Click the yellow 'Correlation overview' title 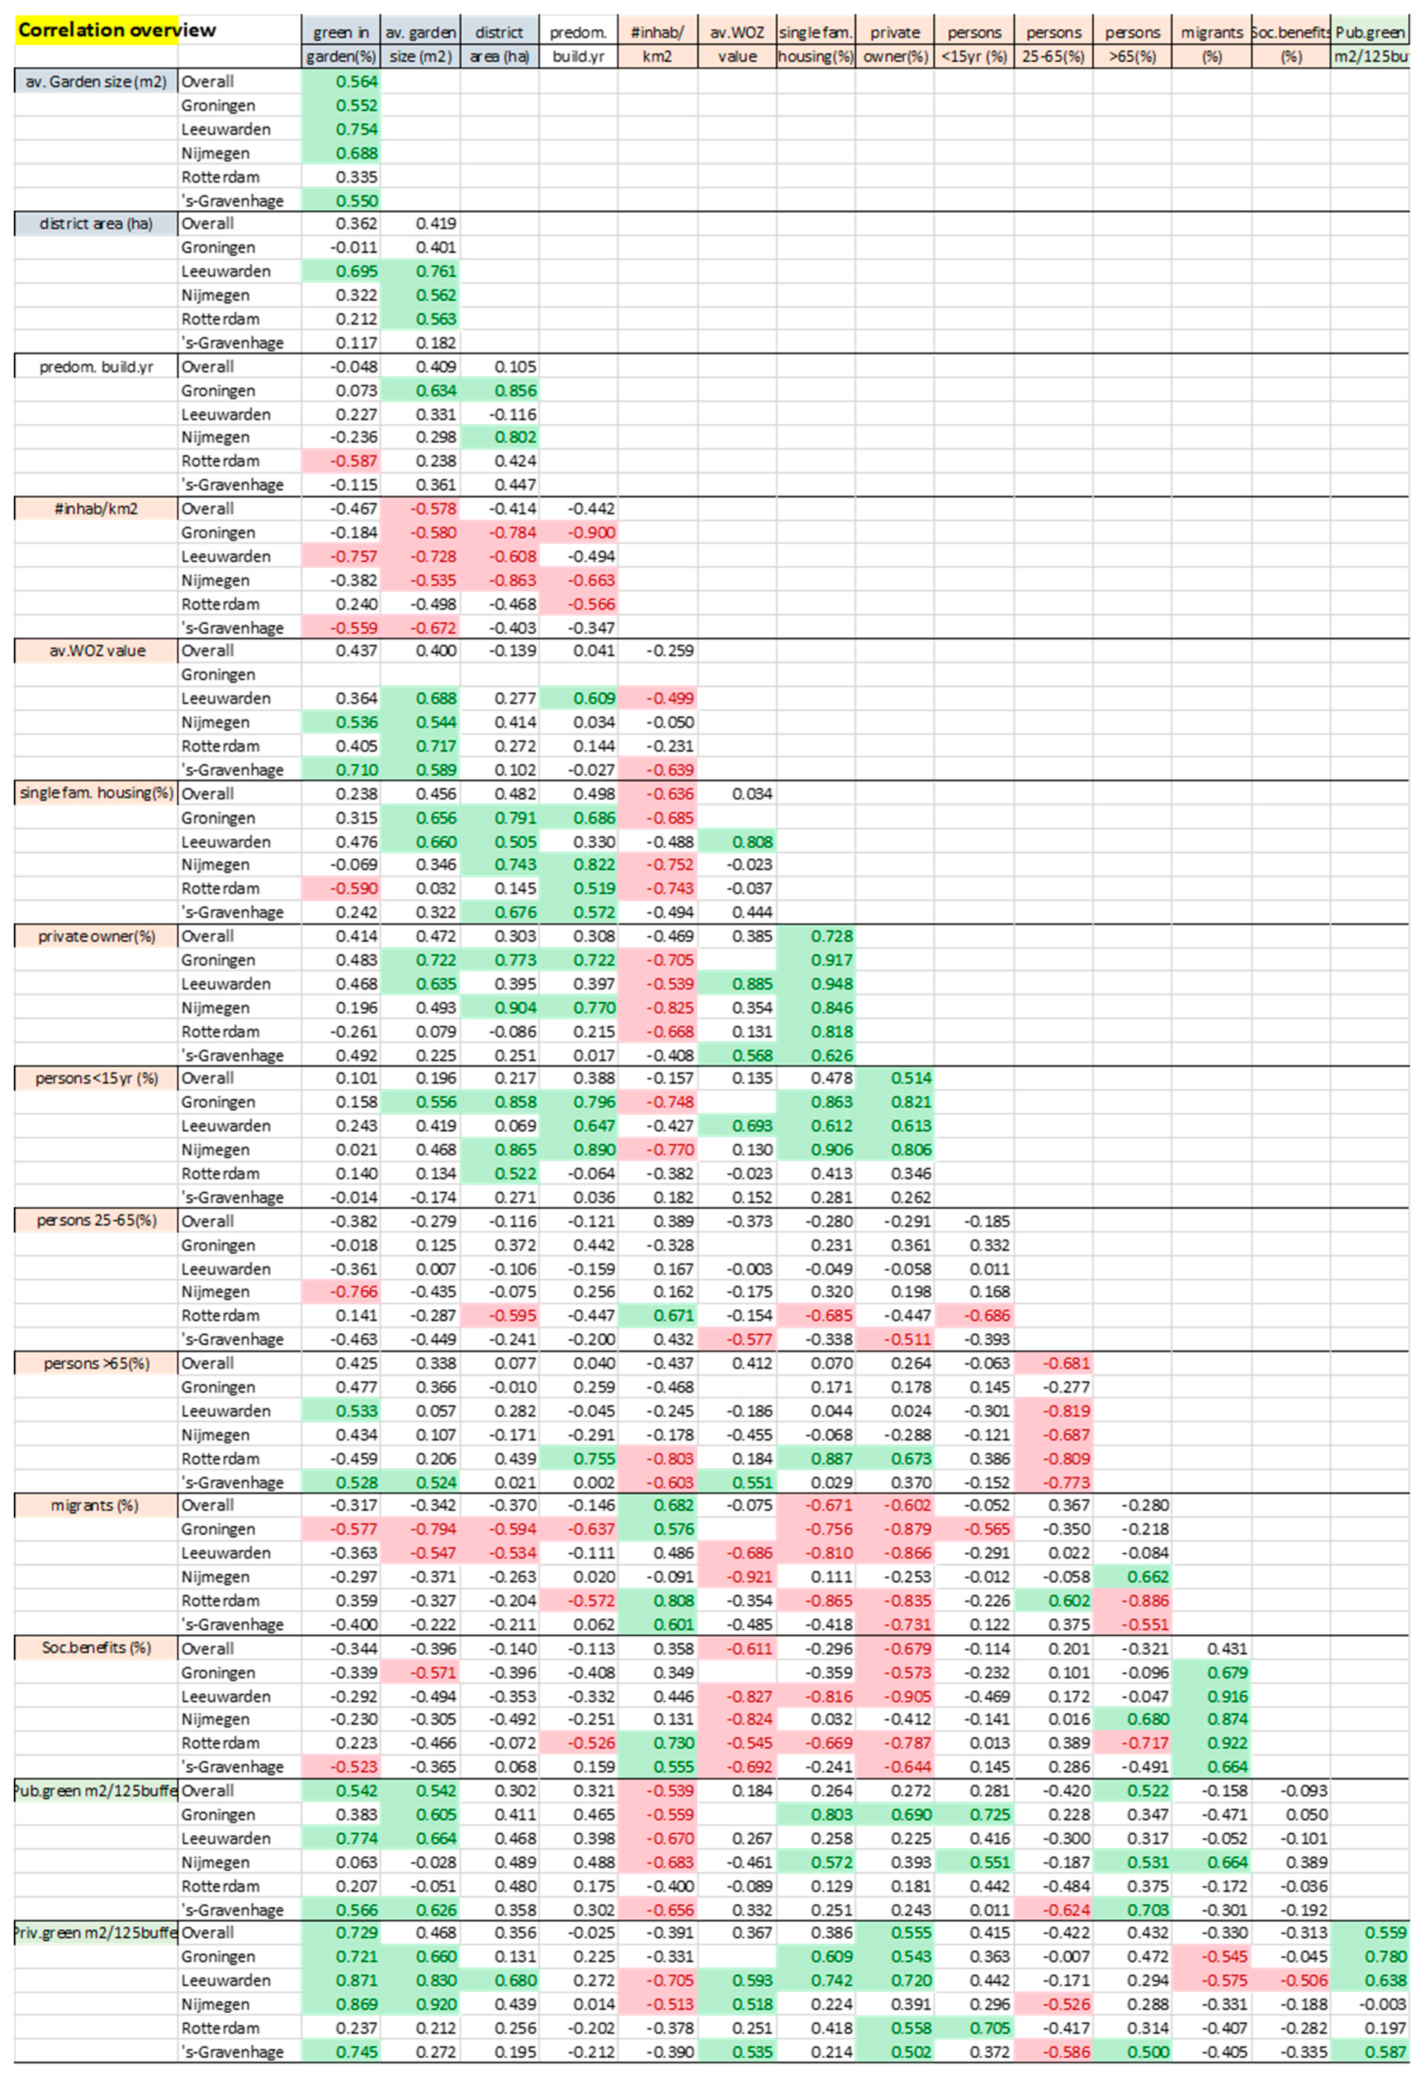click(x=116, y=29)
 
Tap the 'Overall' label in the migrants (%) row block click(x=207, y=1506)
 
